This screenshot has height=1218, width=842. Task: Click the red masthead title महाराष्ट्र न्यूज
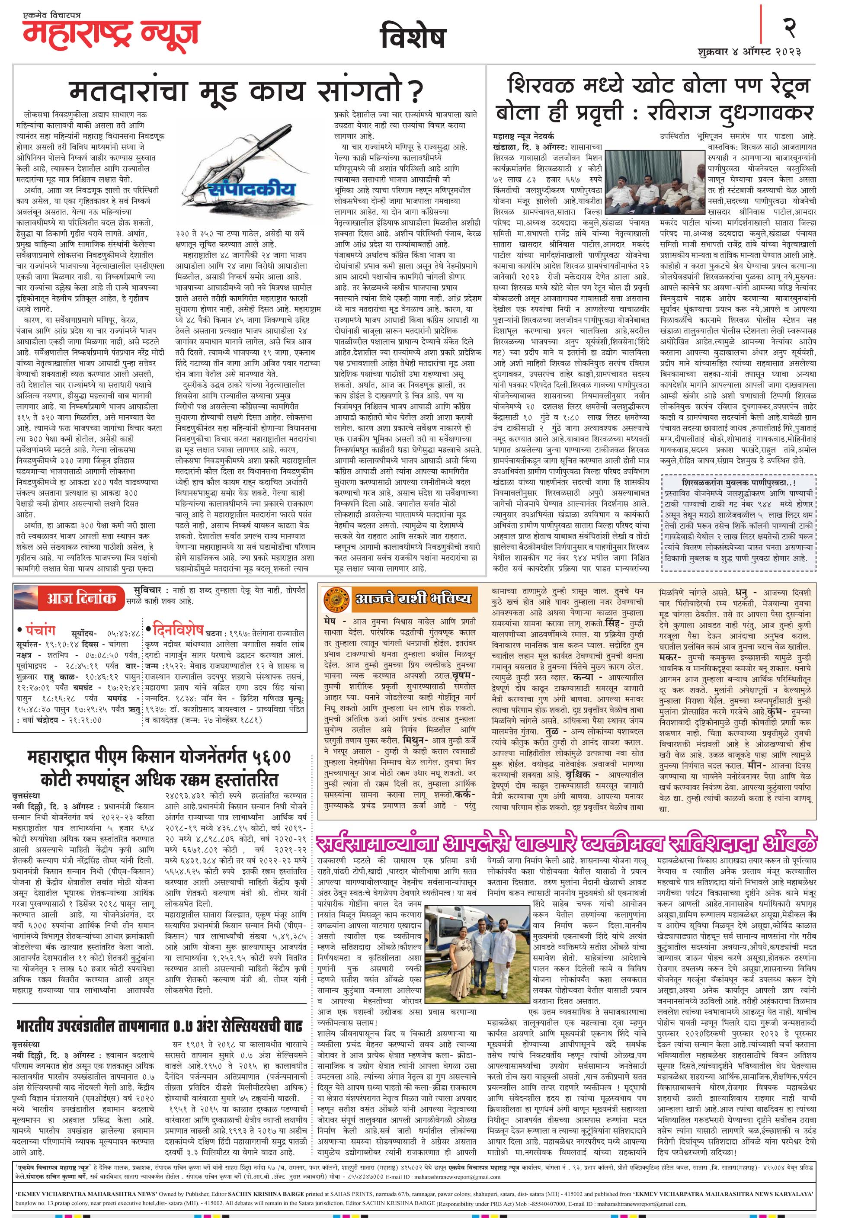(111, 33)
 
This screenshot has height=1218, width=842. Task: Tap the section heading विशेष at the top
(413, 37)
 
